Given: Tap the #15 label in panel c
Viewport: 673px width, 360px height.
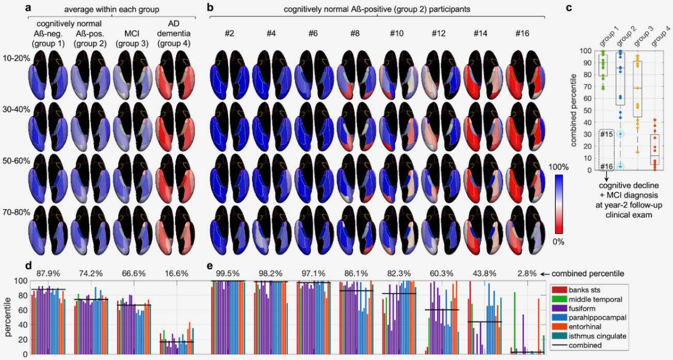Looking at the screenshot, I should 605,135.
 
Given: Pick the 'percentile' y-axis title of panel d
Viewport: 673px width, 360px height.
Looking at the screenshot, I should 8,317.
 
